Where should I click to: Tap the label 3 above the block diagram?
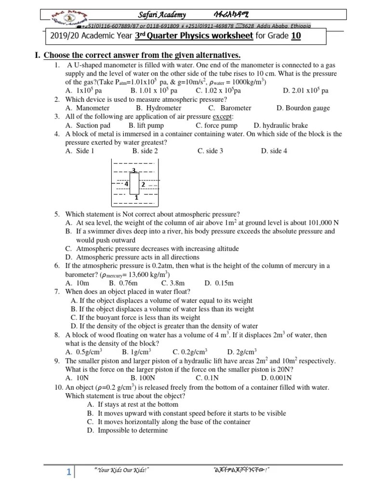point(134,170)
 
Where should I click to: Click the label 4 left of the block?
point(126,184)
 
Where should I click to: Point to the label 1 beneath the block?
point(136,197)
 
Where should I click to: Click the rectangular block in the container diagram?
point(134,183)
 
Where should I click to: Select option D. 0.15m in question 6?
point(219,283)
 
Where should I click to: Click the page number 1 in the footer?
point(68,473)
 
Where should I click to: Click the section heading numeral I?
point(37,55)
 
